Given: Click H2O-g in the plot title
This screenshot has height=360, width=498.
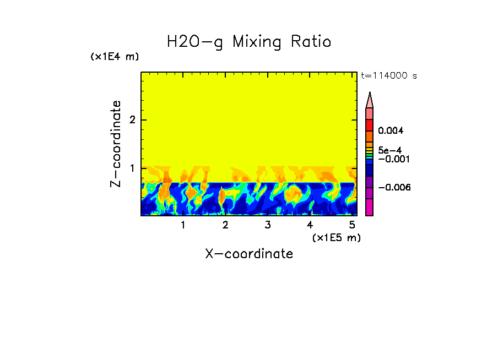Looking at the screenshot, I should [x=195, y=42].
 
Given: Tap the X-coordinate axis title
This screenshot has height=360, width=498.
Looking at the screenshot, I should [x=249, y=254].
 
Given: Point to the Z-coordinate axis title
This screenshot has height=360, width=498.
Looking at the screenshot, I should [x=116, y=144].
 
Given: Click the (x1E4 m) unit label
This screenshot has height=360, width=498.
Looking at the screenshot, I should [x=115, y=57].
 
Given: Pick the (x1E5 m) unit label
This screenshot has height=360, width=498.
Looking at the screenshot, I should [x=336, y=237].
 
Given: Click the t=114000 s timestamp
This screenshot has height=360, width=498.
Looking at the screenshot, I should [x=388, y=75].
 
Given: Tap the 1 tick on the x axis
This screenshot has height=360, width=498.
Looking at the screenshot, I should [x=183, y=225].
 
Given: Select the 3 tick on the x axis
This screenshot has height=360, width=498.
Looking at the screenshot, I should [x=267, y=225].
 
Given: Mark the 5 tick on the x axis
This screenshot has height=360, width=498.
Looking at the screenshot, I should [x=352, y=225].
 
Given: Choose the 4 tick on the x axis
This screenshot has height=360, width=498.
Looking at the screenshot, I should [x=310, y=225].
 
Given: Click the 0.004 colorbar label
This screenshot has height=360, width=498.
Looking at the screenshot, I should [x=391, y=131].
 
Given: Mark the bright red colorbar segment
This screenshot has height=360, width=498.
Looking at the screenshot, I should [x=370, y=124].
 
